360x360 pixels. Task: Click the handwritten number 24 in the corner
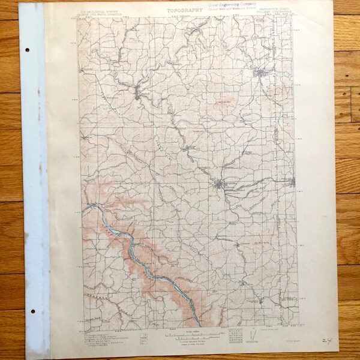326,340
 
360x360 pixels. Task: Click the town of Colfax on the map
142,93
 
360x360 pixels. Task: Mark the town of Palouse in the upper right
260,73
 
